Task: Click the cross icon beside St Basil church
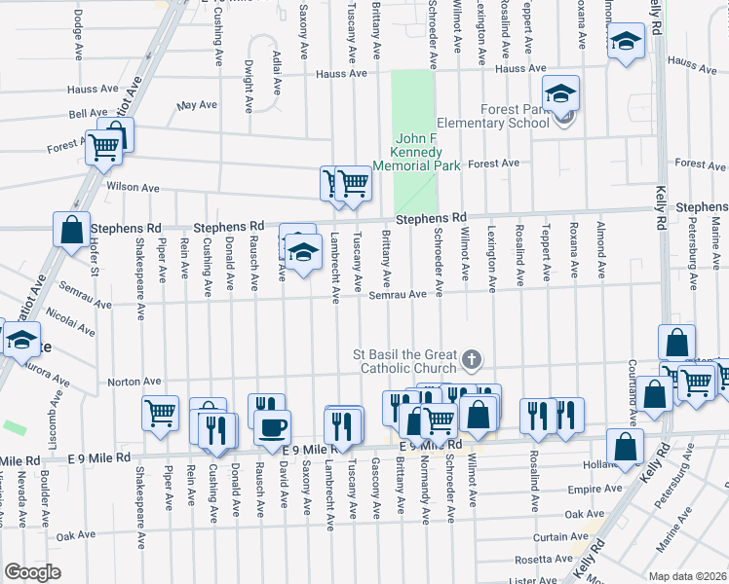coord(472,361)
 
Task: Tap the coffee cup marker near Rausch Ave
coord(273,425)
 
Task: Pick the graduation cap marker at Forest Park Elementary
coord(560,94)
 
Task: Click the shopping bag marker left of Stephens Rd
coord(71,232)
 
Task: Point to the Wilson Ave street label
coord(133,187)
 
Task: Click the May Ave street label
coord(196,104)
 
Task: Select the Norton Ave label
coord(132,382)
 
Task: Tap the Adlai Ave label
coord(278,72)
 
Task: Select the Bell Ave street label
coord(88,114)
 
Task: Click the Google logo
coord(32,572)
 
